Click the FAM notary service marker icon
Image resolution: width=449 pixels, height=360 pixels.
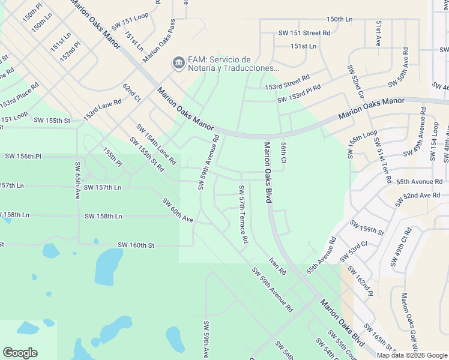pyautogui.click(x=178, y=63)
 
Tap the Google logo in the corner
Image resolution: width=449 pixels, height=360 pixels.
pyautogui.click(x=20, y=353)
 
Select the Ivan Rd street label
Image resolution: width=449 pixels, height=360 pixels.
pyautogui.click(x=277, y=265)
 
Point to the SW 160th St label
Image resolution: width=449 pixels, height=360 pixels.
pyautogui.click(x=136, y=245)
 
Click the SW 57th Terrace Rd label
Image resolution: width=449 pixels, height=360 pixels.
pyautogui.click(x=243, y=214)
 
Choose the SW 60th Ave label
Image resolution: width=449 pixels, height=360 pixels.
pyautogui.click(x=177, y=211)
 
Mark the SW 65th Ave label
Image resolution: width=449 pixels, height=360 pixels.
pyautogui.click(x=77, y=180)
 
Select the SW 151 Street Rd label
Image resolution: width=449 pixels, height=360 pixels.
pyautogui.click(x=304, y=33)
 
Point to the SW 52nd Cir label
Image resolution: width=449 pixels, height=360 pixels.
pyautogui.click(x=355, y=82)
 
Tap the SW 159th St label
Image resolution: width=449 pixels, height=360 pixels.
pyautogui.click(x=367, y=230)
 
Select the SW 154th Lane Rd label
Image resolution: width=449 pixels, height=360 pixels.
pyautogui.click(x=155, y=145)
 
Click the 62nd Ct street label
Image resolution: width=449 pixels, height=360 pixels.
pyautogui.click(x=131, y=93)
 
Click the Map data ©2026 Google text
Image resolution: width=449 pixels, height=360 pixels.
pyautogui.click(x=412, y=355)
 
